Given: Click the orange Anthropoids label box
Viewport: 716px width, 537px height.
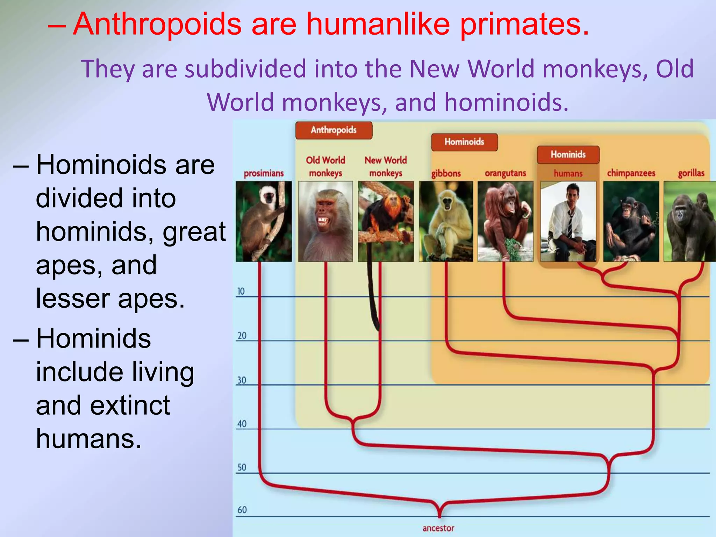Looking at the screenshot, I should tap(334, 130).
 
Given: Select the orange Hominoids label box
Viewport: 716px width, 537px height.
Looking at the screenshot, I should tap(464, 142).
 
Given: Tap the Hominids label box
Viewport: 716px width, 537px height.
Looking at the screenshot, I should tap(568, 155).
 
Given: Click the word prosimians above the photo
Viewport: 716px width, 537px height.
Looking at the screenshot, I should tap(264, 173).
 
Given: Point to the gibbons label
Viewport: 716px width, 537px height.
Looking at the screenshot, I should tap(446, 173).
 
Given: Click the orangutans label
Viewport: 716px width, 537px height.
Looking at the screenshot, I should tap(505, 173).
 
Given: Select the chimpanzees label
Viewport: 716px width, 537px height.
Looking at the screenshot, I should tap(631, 173).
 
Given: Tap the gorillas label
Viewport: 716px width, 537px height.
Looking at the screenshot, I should tap(691, 173).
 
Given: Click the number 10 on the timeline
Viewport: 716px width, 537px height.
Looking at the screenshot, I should tap(241, 291).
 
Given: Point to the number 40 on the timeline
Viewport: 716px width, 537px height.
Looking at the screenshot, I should tap(242, 424).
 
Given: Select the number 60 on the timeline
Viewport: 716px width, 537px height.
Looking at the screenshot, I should tap(242, 510).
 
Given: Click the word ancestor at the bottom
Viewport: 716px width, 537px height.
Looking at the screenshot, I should tap(438, 528).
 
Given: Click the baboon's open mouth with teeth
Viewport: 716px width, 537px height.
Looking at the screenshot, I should tap(322, 221).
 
